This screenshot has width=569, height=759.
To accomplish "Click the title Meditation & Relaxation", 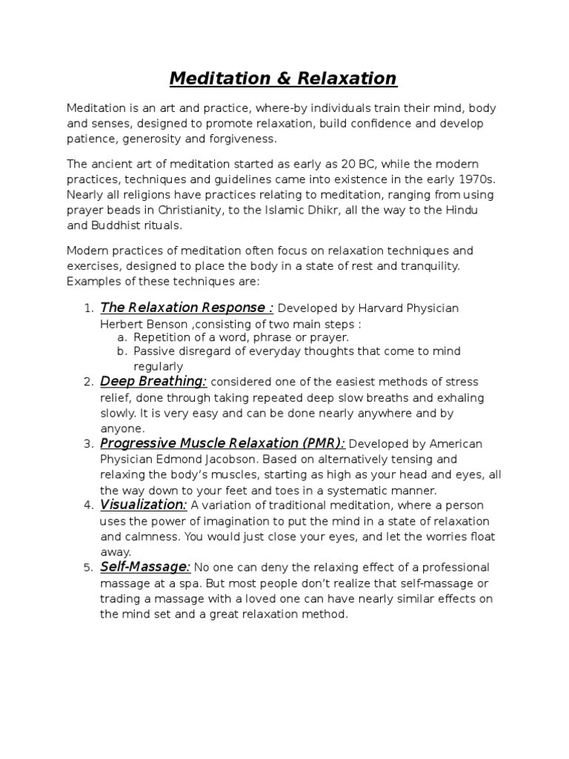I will [x=284, y=78].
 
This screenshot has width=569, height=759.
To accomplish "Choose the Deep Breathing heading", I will [x=153, y=381].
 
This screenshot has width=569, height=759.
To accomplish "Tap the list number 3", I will [x=87, y=443].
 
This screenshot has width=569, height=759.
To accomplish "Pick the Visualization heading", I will [x=143, y=505].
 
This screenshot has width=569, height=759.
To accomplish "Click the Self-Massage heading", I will [x=145, y=567].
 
